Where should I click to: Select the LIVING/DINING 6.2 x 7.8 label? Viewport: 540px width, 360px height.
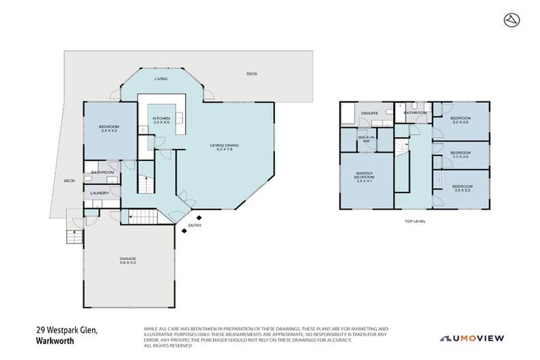pyautogui.click(x=221, y=148)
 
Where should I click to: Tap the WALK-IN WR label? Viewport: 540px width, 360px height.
pyautogui.click(x=366, y=139)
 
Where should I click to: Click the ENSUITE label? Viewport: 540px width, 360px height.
pyautogui.click(x=370, y=112)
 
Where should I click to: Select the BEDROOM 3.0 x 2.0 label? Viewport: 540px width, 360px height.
pyautogui.click(x=460, y=154)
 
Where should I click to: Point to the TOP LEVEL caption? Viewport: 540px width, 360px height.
pyautogui.click(x=415, y=221)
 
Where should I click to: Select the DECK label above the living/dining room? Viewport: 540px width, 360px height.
pyautogui.click(x=251, y=74)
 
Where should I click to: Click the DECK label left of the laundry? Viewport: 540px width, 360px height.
pyautogui.click(x=69, y=181)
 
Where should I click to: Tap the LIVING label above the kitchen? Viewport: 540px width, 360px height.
pyautogui.click(x=161, y=79)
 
